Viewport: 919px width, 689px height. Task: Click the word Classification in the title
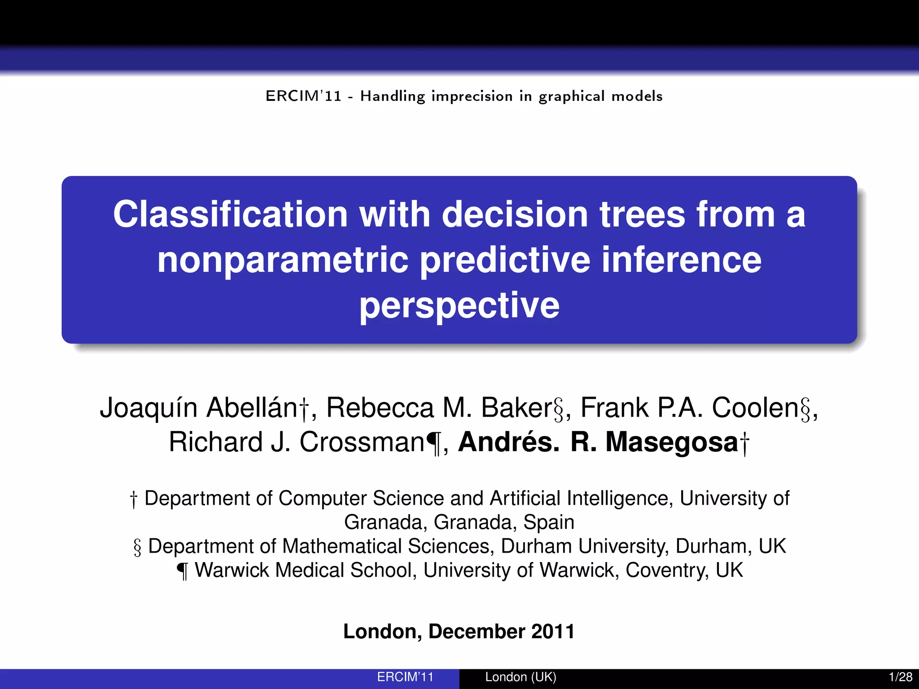coord(230,214)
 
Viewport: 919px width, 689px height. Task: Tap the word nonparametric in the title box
coord(283,260)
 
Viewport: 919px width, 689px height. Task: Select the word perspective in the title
coord(459,305)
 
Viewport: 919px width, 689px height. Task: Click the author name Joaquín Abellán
coord(199,408)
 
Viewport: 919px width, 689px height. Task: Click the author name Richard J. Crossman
coord(296,442)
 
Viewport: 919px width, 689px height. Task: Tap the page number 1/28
coord(900,677)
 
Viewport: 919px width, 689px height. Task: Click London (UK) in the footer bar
coord(521,677)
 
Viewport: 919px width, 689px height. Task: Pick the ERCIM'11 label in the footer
coord(405,677)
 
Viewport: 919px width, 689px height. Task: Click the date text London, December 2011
coord(459,631)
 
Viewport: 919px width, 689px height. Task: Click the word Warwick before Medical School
coord(232,570)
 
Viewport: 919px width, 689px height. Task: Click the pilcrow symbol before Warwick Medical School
coord(183,571)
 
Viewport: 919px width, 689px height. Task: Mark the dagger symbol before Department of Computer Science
coord(133,499)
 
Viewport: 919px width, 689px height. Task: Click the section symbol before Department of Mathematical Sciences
coord(137,547)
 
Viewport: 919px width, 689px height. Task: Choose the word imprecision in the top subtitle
coord(472,96)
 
